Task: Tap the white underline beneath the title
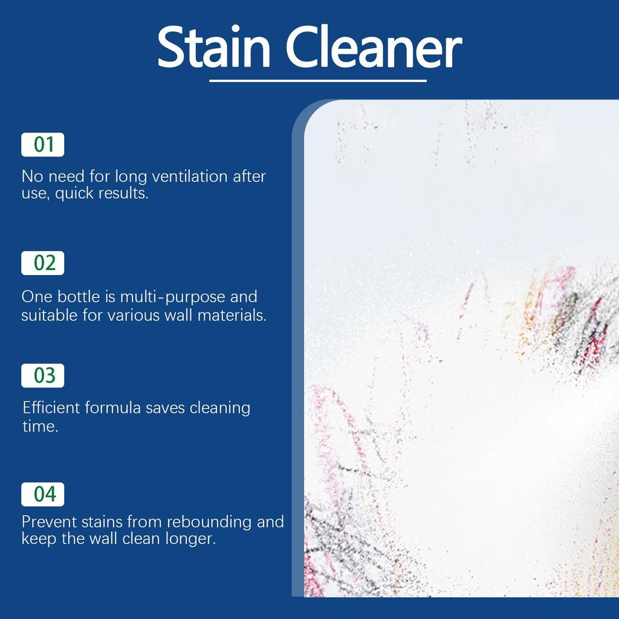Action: (x=318, y=80)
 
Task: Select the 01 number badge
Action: (x=43, y=145)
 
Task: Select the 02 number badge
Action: (x=43, y=263)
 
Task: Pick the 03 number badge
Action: (x=43, y=375)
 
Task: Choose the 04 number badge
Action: (x=43, y=494)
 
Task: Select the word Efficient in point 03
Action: (x=51, y=407)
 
